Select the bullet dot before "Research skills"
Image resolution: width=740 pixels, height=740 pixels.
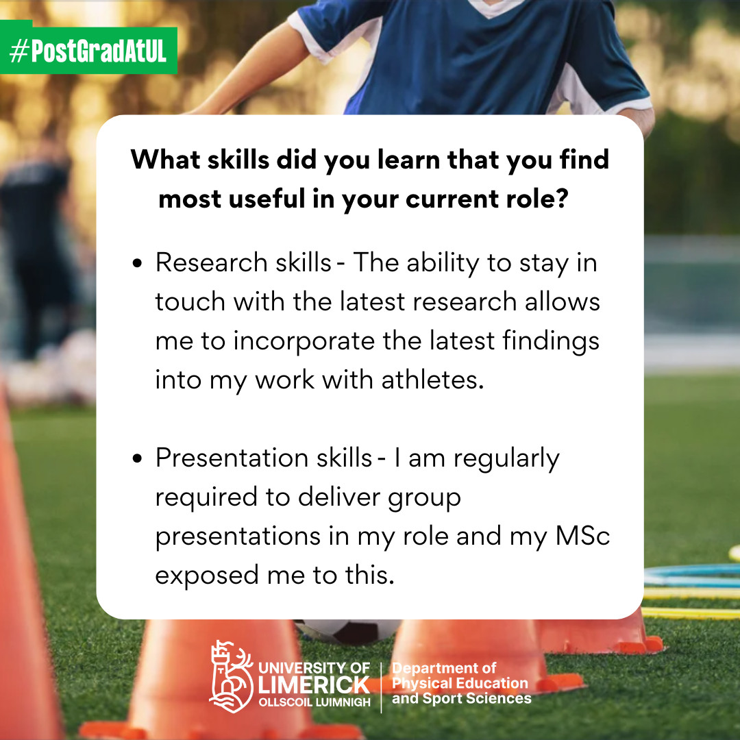137,263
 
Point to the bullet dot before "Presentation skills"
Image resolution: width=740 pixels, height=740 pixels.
137,458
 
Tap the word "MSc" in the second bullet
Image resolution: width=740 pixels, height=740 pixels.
583,536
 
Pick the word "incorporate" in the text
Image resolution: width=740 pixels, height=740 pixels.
304,341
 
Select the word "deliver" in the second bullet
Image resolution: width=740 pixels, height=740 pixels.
339,497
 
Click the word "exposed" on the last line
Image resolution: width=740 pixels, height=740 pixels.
207,576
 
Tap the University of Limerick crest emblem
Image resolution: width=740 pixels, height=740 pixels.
231,676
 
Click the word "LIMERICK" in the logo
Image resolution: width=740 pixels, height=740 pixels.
314,685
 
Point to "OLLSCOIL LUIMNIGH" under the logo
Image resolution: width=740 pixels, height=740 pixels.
314,702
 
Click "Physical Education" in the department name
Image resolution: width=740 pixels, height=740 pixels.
460,683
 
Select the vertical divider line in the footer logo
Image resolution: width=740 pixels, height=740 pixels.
381,687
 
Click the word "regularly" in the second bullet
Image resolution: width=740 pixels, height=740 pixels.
506,459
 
